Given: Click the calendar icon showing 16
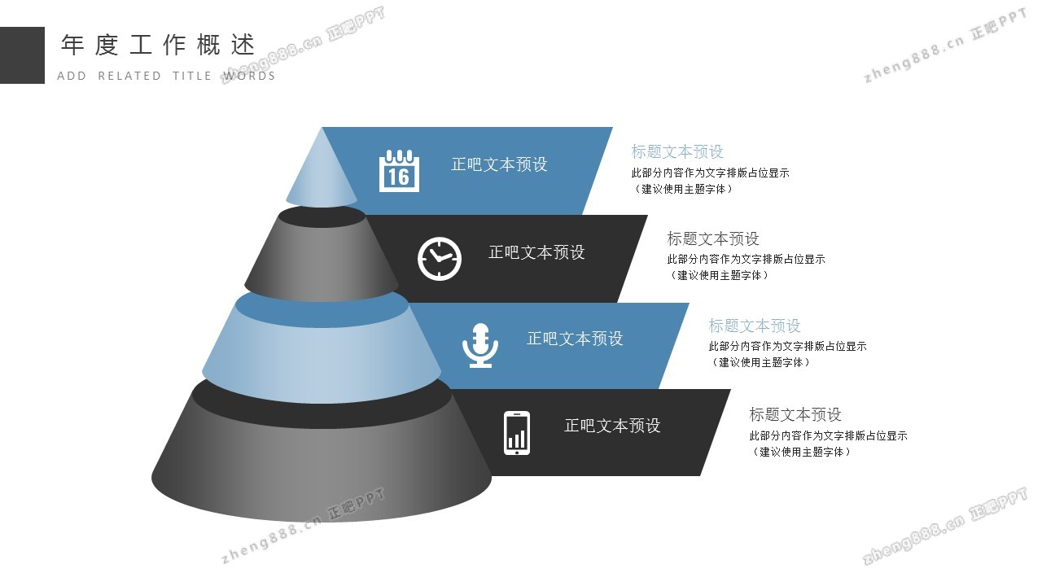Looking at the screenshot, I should (399, 171).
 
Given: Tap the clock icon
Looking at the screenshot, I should (440, 259).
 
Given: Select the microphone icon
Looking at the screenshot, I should (480, 345).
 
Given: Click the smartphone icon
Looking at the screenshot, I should (517, 432).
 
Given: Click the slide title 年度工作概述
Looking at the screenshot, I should (158, 46).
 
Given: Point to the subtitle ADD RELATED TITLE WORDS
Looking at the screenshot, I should (166, 76).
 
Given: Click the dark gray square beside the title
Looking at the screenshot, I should (22, 55).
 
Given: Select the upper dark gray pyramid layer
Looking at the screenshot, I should (322, 260).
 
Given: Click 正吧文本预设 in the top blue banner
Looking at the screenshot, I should (499, 164).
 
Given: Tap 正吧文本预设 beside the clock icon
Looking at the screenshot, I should (536, 252).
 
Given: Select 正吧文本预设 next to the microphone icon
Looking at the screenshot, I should (575, 339).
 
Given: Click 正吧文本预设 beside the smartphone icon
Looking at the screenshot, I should (612, 426).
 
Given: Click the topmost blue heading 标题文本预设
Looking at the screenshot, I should (677, 151).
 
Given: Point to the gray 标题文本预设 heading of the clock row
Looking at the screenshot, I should (713, 238).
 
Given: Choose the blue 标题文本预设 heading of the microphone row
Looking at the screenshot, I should (755, 326).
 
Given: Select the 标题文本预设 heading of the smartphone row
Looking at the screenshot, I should (795, 414).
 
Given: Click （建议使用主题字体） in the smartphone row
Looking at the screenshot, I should (800, 452).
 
